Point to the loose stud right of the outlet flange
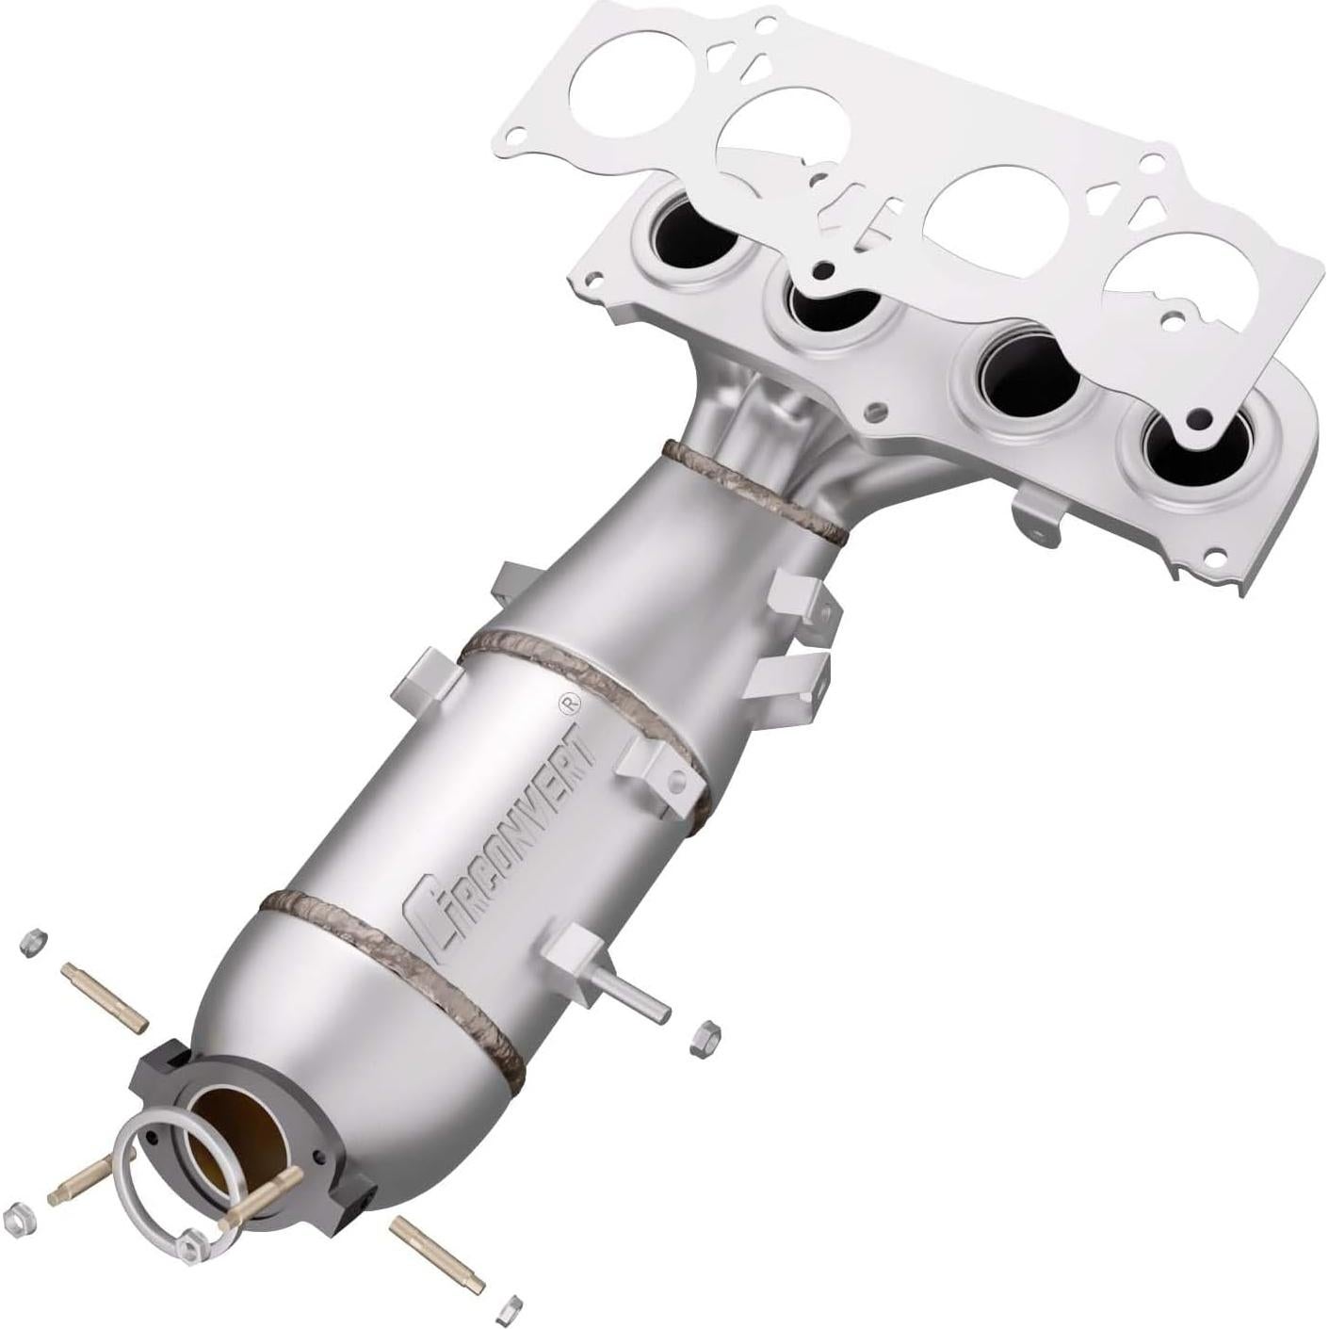tap(438, 1254)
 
